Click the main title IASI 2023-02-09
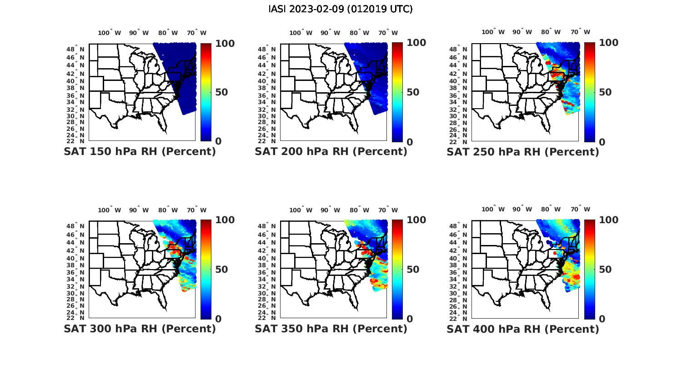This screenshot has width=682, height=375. coord(341,9)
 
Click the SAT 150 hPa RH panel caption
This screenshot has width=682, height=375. coord(140,151)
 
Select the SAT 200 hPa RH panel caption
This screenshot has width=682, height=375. coord(331,151)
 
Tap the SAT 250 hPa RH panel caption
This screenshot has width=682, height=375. coord(523,151)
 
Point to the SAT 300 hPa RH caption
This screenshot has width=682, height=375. coord(140,329)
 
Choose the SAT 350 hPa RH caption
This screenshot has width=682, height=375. coord(331,329)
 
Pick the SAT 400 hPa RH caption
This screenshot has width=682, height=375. coord(523,329)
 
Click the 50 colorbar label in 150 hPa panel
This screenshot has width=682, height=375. coord(221,92)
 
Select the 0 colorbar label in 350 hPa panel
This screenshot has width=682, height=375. coord(409,319)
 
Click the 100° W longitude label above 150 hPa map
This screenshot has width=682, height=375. coord(110,33)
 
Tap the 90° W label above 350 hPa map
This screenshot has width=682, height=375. coord(330,210)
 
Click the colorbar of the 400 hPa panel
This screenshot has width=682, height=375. coord(589,269)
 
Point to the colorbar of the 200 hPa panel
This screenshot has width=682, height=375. coord(397,92)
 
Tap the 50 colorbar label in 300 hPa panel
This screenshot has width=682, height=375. coord(221,270)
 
